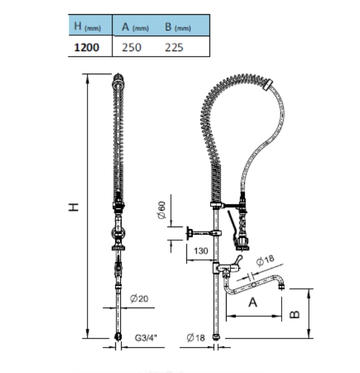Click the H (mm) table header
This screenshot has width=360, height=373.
(87, 27)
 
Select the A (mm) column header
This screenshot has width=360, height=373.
(135, 27)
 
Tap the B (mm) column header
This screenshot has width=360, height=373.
(178, 27)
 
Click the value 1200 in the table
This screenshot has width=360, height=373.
(86, 47)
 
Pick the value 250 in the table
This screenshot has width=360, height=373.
(132, 47)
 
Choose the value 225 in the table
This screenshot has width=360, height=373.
(174, 47)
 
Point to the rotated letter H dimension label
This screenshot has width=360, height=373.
(73, 207)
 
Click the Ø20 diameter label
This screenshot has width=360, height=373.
(139, 298)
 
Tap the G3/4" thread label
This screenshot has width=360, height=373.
(146, 337)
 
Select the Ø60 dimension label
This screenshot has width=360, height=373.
(162, 210)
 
